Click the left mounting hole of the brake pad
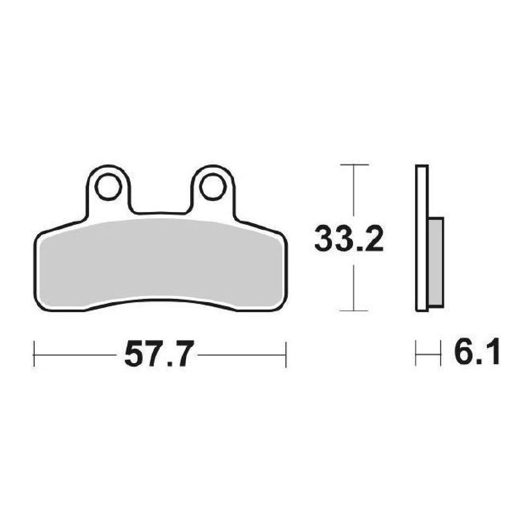click(108, 187)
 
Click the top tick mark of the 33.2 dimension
click(355, 164)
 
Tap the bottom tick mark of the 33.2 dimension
click(354, 311)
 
